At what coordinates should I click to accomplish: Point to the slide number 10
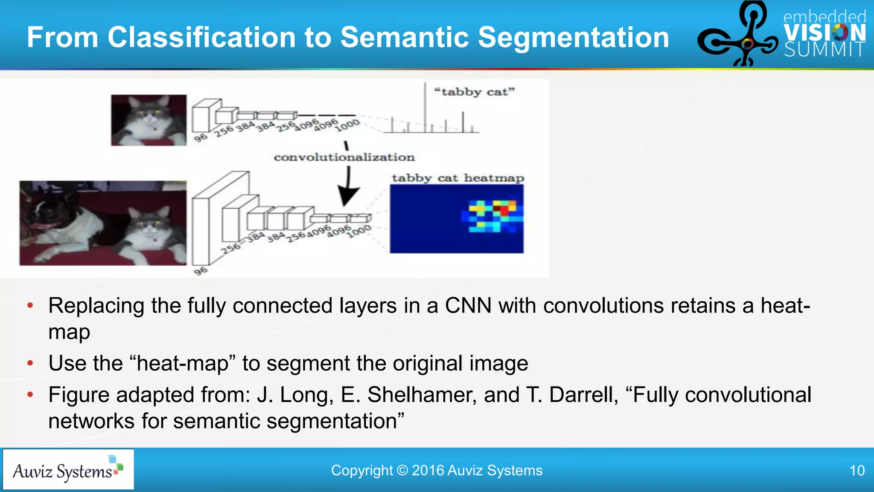point(857,471)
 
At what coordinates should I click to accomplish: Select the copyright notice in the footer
point(437,471)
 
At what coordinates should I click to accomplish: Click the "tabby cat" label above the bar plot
point(474,92)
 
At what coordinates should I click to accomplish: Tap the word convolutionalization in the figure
point(344,157)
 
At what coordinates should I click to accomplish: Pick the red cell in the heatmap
point(504,211)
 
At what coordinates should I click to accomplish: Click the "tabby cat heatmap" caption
point(458,178)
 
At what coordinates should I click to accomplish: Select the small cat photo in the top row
point(149,120)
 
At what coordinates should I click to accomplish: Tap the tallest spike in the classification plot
point(425,107)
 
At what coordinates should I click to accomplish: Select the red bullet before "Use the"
point(30,363)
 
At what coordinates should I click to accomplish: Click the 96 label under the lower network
point(200,271)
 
